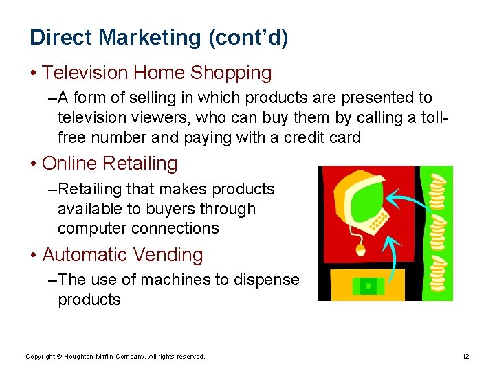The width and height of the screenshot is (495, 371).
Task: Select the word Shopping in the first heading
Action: click(x=231, y=73)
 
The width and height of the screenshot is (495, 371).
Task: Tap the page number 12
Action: click(x=465, y=357)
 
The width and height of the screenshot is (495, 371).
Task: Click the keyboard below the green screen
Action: click(x=379, y=219)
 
